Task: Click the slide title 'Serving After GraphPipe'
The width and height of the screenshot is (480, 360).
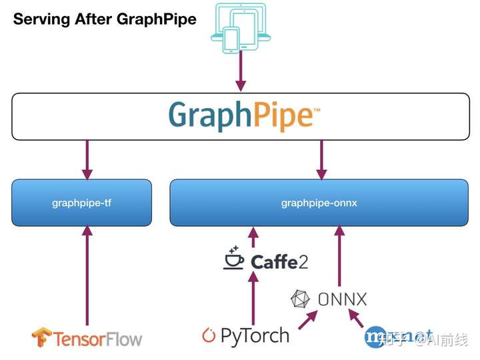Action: [x=105, y=19]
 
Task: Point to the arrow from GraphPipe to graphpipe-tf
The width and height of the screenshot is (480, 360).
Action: [x=87, y=159]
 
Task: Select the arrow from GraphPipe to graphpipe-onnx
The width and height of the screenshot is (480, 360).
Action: [x=321, y=159]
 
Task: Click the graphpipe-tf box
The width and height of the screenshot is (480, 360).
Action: [x=81, y=203]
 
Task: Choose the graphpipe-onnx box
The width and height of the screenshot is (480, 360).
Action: [x=319, y=203]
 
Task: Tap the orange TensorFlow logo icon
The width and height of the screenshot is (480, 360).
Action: [x=41, y=337]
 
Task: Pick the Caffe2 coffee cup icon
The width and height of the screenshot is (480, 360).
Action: [x=234, y=259]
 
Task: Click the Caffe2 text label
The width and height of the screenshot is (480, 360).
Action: [x=279, y=261]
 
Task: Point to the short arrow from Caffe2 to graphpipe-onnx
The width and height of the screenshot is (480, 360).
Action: [x=253, y=237]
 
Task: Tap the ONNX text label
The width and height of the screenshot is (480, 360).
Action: [x=342, y=299]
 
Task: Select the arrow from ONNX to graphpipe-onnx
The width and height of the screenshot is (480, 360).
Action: [x=339, y=256]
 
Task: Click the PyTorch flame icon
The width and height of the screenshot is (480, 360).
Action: [x=209, y=335]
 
